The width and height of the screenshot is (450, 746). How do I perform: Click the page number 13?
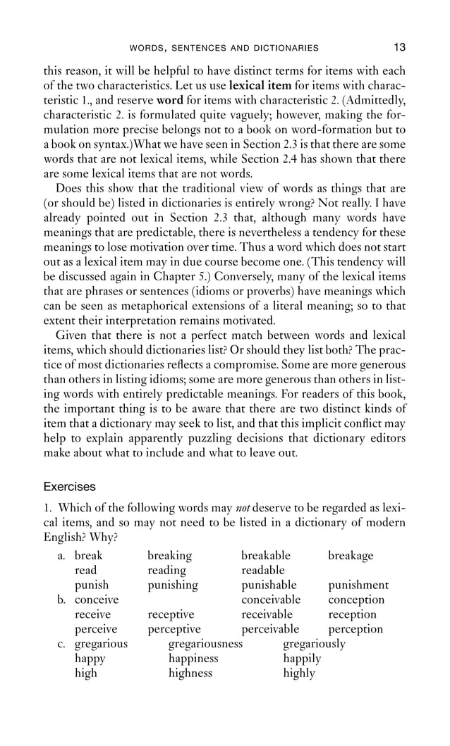(399, 48)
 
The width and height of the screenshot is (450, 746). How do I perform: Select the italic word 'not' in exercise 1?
(243, 509)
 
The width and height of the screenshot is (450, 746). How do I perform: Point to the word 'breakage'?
(351, 556)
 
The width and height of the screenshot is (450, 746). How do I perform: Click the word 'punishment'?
(358, 585)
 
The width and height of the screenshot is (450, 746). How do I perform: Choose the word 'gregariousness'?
(205, 644)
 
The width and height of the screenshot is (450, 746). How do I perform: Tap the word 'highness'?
(190, 673)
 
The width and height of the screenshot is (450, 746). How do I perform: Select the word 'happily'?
(302, 659)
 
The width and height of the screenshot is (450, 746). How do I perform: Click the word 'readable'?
(263, 571)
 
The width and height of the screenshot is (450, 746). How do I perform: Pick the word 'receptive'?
(171, 615)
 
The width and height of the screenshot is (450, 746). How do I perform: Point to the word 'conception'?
(356, 600)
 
